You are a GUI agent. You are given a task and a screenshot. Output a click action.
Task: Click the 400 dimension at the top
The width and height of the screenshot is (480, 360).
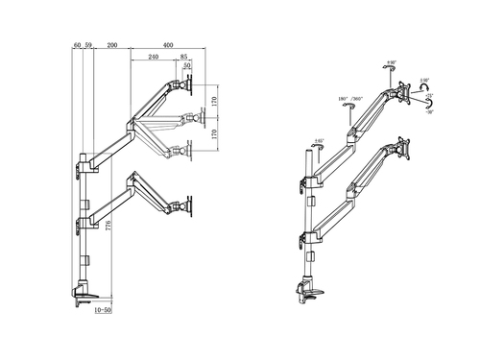coord(168,45)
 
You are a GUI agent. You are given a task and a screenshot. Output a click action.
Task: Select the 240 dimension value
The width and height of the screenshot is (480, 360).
coord(153,58)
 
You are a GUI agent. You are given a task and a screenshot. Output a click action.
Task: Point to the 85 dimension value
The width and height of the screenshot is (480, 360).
coord(183,58)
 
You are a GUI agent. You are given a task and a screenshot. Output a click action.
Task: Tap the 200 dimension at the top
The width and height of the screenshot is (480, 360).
coord(112,45)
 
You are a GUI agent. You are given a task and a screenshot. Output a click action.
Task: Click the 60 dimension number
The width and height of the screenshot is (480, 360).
coord(77,45)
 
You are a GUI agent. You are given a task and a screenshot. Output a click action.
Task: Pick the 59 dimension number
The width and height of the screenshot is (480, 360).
coord(88,45)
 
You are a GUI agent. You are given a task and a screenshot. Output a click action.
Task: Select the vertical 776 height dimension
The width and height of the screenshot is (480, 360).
coord(108,227)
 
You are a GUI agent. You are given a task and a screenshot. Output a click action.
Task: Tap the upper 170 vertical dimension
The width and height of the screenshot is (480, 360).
coord(215,100)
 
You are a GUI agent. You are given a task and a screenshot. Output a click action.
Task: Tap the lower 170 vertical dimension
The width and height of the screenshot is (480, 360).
coord(215,134)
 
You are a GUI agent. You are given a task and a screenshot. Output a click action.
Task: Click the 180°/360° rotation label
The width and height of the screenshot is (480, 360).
coord(348,99)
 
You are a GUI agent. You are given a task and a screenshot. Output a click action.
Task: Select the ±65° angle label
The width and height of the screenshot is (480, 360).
coord(317,143)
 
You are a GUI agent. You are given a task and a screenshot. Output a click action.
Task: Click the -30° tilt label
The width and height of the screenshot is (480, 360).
coord(429,111)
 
